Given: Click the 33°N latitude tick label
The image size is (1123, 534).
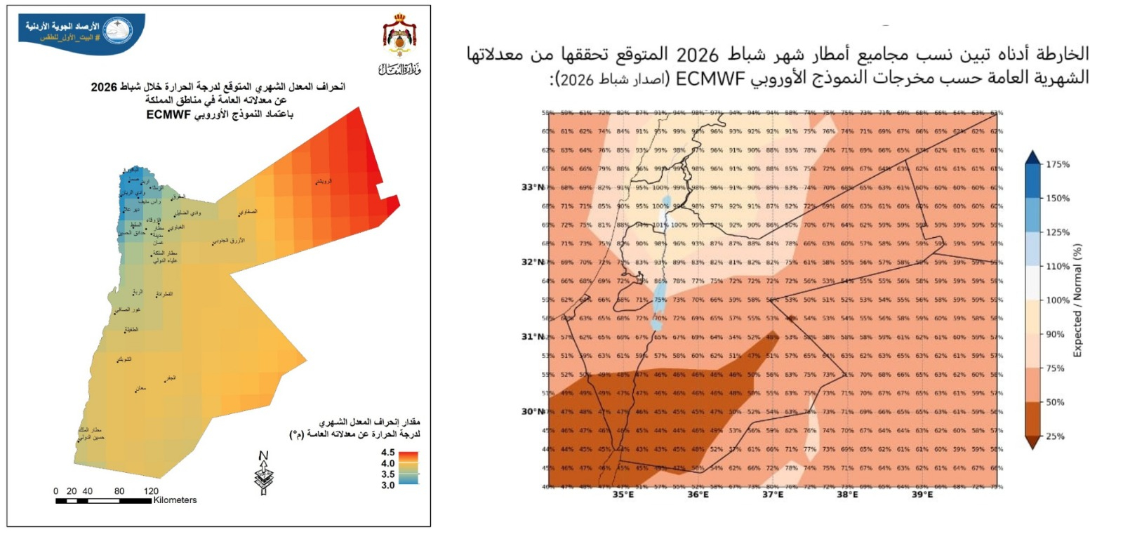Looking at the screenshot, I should pyautogui.click(x=531, y=187).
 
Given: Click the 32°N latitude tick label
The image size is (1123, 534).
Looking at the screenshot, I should pyautogui.click(x=531, y=262).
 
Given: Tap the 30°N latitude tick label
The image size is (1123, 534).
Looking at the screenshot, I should pyautogui.click(x=531, y=411).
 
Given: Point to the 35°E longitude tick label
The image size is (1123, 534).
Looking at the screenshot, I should pyautogui.click(x=623, y=495).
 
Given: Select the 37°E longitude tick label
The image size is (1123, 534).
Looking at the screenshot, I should pyautogui.click(x=772, y=495).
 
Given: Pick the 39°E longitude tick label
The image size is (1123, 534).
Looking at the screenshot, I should pyautogui.click(x=922, y=495).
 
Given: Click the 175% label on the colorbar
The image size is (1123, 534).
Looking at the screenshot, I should pyautogui.click(x=1058, y=164).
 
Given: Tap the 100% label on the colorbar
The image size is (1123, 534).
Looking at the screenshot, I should pyautogui.click(x=1058, y=300).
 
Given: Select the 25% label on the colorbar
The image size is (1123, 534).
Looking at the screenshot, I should pyautogui.click(x=1055, y=436).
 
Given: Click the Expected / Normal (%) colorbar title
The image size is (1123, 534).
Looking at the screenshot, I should pyautogui.click(x=1077, y=300).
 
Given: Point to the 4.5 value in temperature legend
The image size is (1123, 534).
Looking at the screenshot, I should pyautogui.click(x=387, y=453).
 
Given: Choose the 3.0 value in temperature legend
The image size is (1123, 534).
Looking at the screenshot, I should pyautogui.click(x=387, y=485).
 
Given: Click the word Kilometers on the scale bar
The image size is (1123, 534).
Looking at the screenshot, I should pyautogui.click(x=175, y=500).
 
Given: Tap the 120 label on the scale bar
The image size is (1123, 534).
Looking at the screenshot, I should pyautogui.click(x=151, y=491).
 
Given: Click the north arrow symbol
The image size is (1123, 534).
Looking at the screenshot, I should pyautogui.click(x=263, y=473).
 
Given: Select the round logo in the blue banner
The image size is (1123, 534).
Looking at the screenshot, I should pyautogui.click(x=117, y=31).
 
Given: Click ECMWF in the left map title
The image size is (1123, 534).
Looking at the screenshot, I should pyautogui.click(x=168, y=114).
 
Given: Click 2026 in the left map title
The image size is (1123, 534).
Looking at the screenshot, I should pyautogui.click(x=104, y=87).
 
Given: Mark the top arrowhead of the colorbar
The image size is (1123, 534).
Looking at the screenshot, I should pyautogui.click(x=1032, y=156).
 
